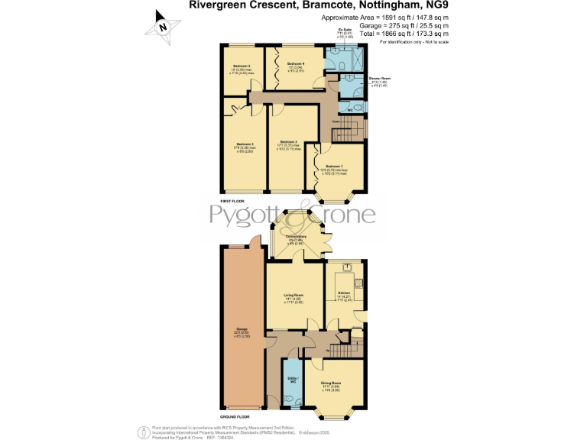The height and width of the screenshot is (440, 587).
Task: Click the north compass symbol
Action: point(163,25)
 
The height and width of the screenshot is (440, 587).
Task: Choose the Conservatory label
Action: point(296,237)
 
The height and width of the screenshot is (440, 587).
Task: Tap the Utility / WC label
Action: point(292,379)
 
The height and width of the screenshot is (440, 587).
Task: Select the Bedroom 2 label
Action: point(288,142)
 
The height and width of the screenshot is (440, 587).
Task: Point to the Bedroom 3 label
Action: point(245,144)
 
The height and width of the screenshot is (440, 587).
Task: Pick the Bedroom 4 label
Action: point(296,63)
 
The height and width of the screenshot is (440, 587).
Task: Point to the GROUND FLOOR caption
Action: point(235,417)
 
